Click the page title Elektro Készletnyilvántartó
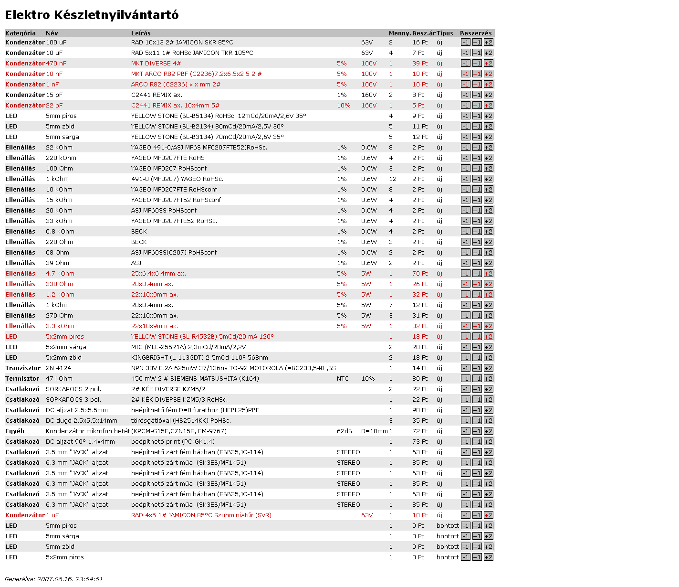[92, 15]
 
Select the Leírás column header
[141, 33]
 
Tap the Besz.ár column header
[424, 33]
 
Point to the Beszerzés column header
[476, 33]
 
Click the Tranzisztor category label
[23, 368]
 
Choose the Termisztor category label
[22, 379]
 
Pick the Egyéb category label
[15, 431]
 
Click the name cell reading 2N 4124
[58, 368]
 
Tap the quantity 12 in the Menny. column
[393, 179]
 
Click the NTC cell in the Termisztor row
[343, 379]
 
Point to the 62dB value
[344, 431]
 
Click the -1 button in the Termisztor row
[466, 379]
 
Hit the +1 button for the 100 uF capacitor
[477, 43]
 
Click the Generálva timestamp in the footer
[54, 579]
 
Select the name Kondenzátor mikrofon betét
[88, 431]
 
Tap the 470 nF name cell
[56, 64]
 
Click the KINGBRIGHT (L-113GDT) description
[199, 358]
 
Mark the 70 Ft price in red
[420, 274]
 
